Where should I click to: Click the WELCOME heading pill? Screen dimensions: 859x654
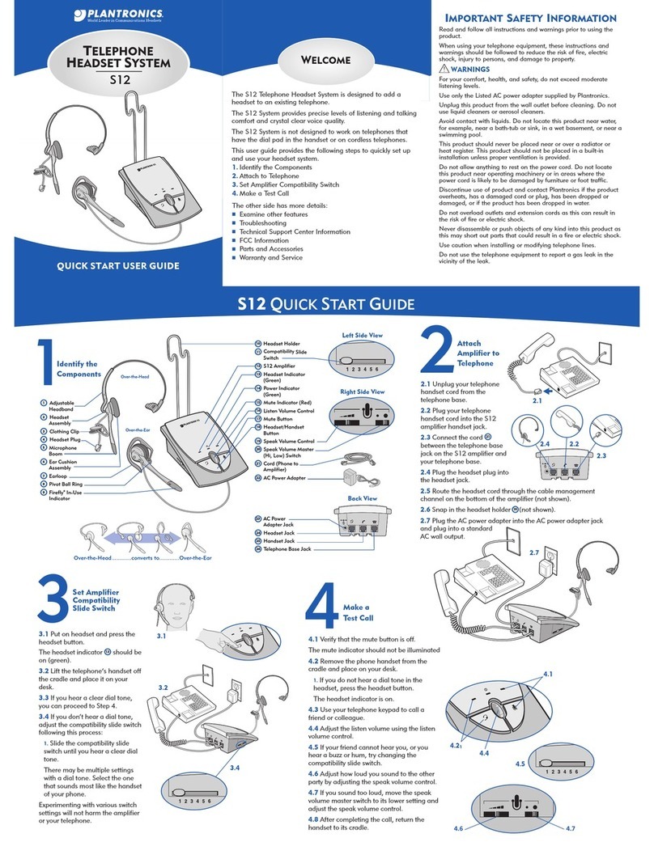coord(326,60)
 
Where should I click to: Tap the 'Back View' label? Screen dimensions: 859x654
coord(363,498)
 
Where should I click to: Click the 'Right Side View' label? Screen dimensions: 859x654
coord(361,391)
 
